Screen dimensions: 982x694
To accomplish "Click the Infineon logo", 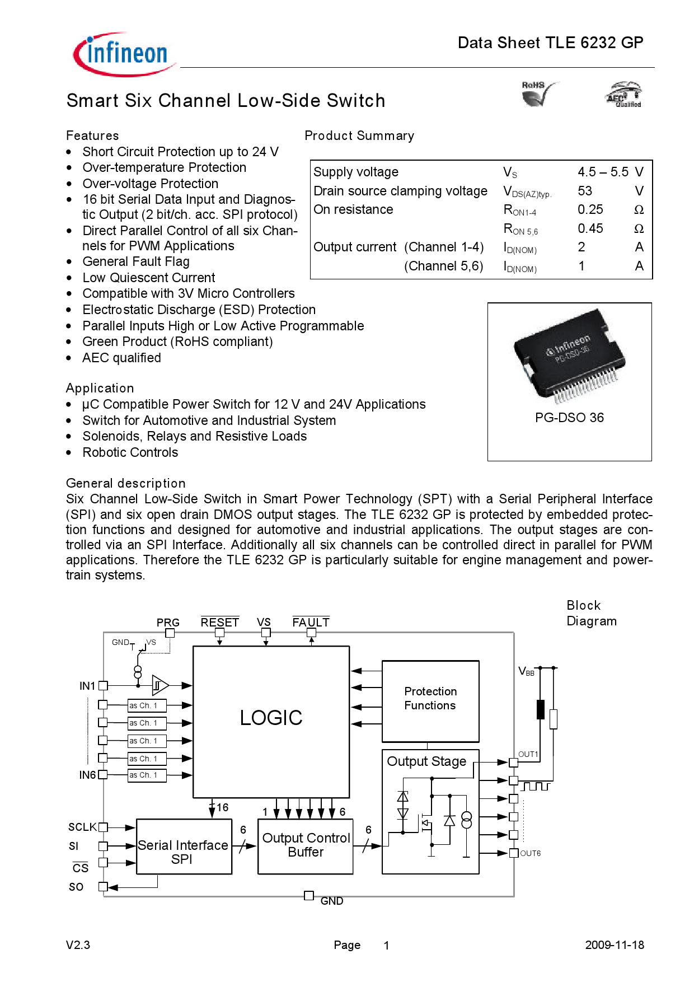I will click(124, 54).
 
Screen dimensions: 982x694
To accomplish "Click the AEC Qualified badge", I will click(624, 95).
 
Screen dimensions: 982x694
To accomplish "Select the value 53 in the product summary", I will click(585, 191).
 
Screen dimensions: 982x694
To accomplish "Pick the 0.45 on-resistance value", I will click(590, 228).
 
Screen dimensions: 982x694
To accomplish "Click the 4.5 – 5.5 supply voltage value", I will click(603, 172).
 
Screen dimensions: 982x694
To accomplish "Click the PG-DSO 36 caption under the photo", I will click(569, 418).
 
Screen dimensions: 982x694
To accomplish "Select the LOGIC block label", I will click(271, 718).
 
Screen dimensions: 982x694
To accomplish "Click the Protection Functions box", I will click(430, 699).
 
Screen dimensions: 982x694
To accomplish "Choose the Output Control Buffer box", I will click(306, 845).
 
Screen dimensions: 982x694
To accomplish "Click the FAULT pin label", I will click(311, 622).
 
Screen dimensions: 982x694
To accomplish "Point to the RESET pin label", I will click(219, 622).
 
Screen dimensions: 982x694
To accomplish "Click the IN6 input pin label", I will click(87, 775).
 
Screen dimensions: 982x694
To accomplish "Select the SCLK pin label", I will click(82, 827).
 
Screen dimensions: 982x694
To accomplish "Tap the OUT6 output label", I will click(529, 853).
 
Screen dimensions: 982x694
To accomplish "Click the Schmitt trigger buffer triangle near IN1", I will click(160, 685).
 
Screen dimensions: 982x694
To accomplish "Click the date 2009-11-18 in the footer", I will click(614, 945).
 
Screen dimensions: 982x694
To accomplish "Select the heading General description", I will click(125, 483).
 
